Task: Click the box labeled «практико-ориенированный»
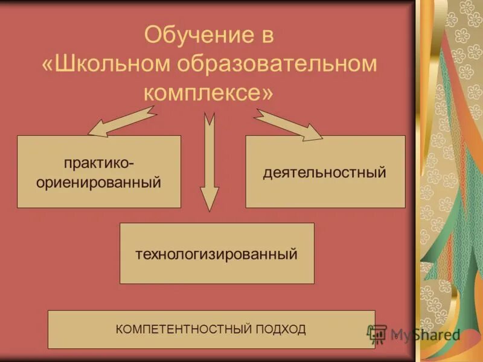[x=99, y=172]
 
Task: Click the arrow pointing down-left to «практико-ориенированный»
[x=121, y=121]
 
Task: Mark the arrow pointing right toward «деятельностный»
[x=288, y=124]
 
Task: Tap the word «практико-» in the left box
[x=99, y=164]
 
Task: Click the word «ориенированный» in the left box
[x=99, y=182]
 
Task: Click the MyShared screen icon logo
[x=378, y=334]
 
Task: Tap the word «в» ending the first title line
[x=267, y=35]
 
